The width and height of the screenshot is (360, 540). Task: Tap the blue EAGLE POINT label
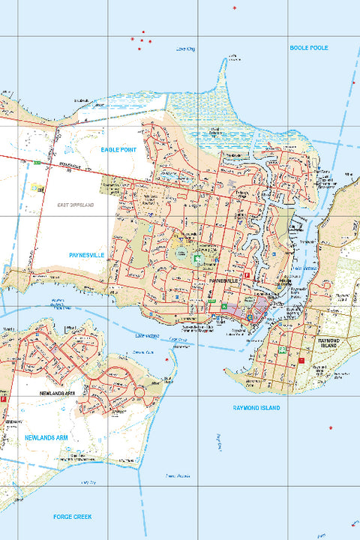[x=119, y=150]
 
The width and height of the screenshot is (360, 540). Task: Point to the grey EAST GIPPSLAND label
[x=76, y=204]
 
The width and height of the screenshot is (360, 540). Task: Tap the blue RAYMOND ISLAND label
[x=256, y=407]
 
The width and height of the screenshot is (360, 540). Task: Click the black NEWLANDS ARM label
[x=59, y=392]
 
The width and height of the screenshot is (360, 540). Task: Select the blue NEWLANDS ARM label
[x=46, y=436]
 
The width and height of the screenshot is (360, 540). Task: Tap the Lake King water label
[x=185, y=49]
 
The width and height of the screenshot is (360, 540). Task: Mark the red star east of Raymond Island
[x=331, y=428]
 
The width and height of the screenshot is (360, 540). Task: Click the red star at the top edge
[x=235, y=8]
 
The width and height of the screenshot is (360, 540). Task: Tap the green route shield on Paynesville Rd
[x=35, y=161]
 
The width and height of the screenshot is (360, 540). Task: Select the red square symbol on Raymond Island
[x=301, y=361]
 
